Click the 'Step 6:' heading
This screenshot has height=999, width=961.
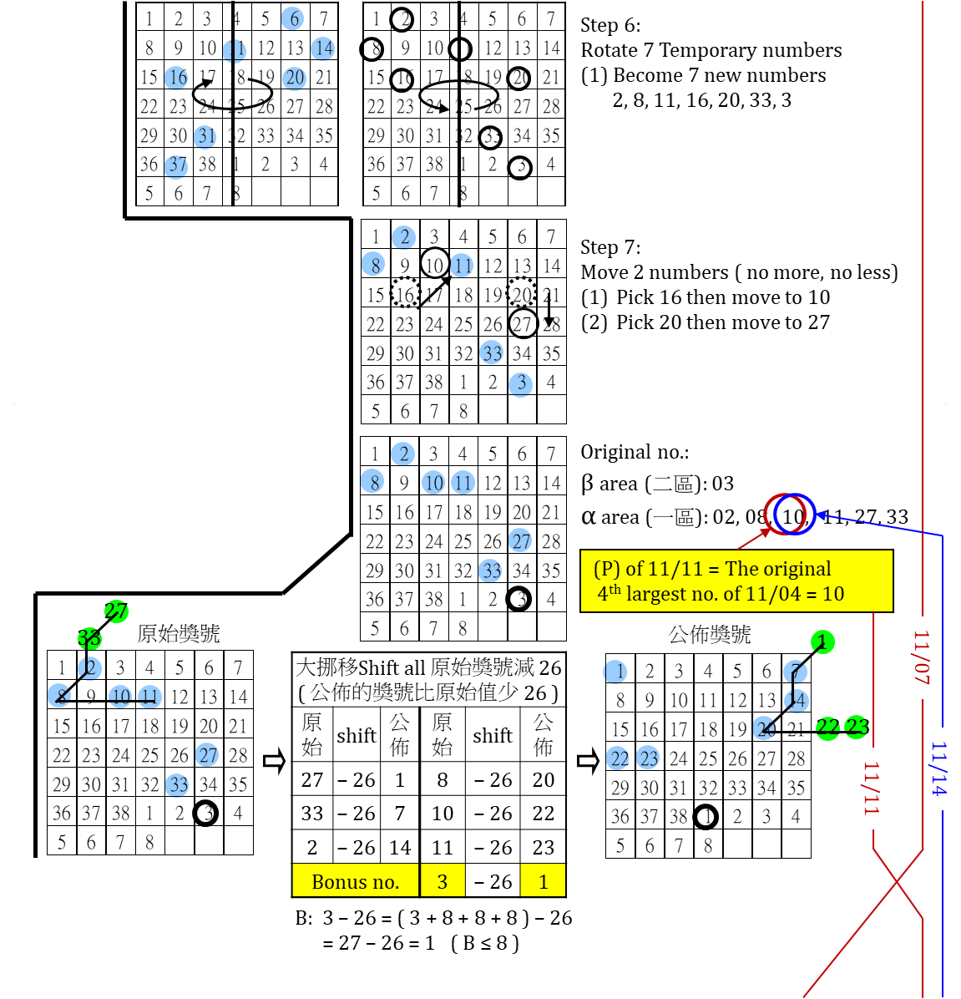tap(611, 26)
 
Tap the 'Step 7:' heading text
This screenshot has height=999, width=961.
tap(611, 248)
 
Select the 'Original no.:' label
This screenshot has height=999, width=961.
tap(635, 453)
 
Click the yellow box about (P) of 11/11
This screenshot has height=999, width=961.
tap(736, 581)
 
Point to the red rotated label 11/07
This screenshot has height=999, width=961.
tap(922, 657)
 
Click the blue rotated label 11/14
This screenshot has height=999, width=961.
tap(940, 768)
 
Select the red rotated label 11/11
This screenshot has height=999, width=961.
tap(872, 788)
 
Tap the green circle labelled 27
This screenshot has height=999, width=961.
tap(116, 611)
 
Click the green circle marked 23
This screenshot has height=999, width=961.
tap(857, 727)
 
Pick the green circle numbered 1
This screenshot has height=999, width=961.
tap(822, 641)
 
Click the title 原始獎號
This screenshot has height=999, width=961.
tap(179, 634)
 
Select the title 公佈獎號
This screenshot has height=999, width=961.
tap(710, 635)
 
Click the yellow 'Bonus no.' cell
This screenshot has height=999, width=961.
tap(355, 882)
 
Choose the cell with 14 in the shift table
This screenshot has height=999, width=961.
tap(400, 848)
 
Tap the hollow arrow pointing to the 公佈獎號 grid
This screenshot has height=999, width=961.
tap(588, 762)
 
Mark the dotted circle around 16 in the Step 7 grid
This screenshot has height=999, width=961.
tap(406, 293)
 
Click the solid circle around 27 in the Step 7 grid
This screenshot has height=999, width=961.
tap(523, 323)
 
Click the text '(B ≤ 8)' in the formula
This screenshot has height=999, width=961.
tap(485, 944)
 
